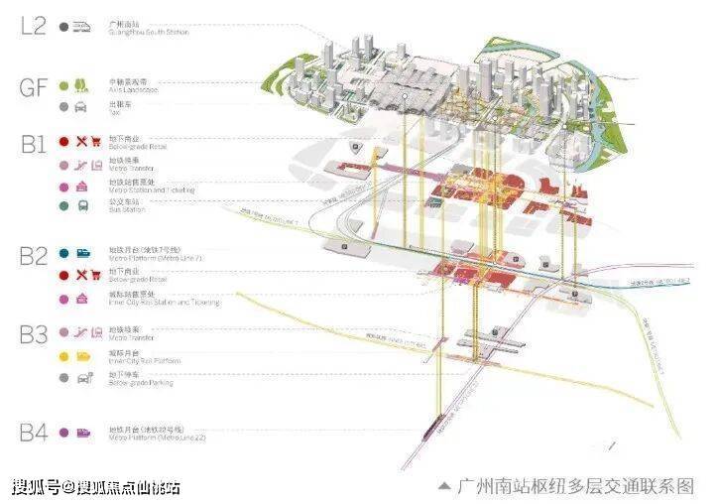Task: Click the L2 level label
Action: click(x=33, y=26)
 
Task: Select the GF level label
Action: click(x=33, y=86)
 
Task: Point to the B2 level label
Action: click(x=33, y=256)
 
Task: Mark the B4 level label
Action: click(x=33, y=432)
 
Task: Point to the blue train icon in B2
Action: click(x=82, y=255)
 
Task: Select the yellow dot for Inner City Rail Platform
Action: click(x=63, y=355)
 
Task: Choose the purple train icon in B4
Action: click(x=83, y=433)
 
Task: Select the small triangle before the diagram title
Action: click(x=445, y=486)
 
